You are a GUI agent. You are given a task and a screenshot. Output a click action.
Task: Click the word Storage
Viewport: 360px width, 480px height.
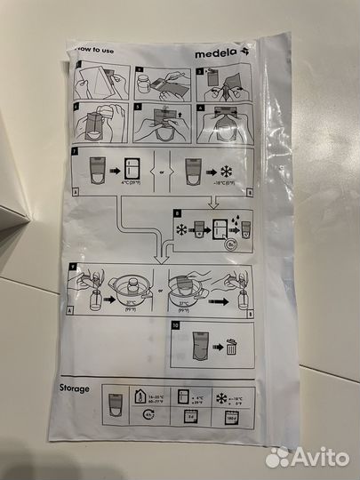pyautogui.click(x=90, y=388)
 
